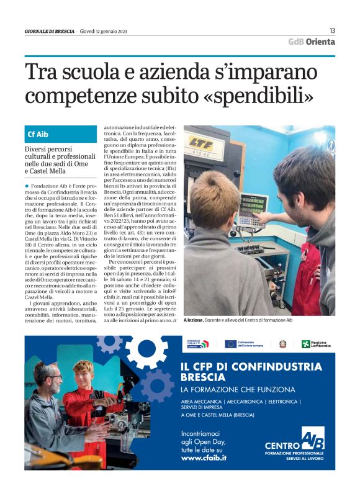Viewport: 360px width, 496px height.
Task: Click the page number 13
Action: point(332,30)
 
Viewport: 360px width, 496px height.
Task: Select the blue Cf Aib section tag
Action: point(38,134)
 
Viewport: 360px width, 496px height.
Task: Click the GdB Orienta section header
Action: point(311,42)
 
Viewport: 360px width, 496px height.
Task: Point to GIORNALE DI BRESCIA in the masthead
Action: point(50,31)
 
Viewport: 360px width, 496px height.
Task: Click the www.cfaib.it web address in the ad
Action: point(204,458)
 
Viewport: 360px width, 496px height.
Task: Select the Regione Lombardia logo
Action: point(317,344)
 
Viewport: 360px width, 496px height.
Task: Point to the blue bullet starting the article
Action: point(27,186)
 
